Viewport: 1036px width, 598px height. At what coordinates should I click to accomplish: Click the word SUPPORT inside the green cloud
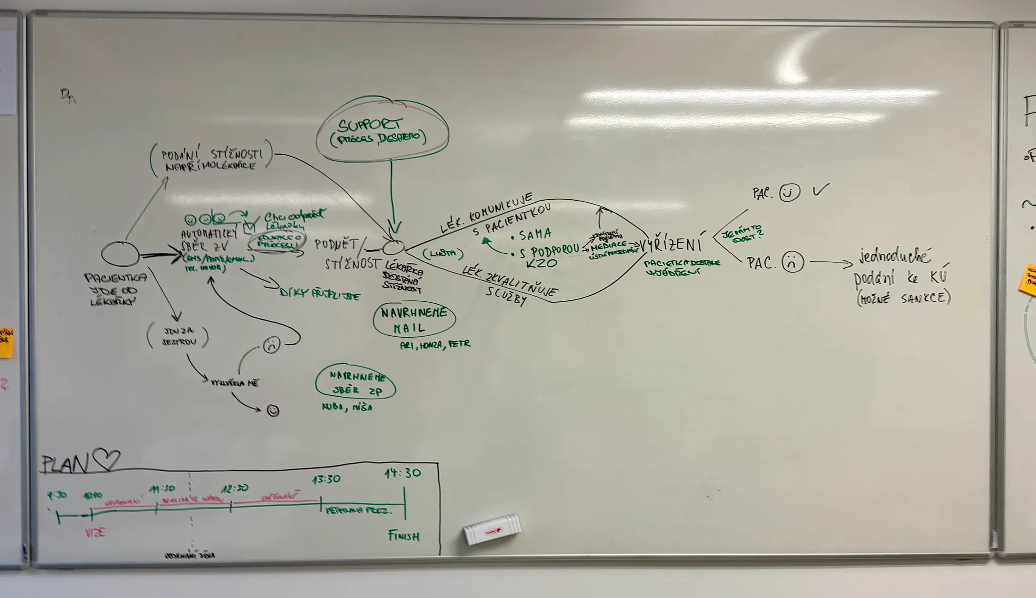(x=370, y=125)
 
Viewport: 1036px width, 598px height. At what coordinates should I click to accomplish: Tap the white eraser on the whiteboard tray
(x=492, y=529)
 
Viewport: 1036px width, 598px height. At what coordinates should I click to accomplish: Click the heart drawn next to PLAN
(x=106, y=459)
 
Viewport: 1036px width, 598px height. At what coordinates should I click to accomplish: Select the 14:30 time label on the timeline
(x=403, y=473)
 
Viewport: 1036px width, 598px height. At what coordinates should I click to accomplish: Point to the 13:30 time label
(x=326, y=479)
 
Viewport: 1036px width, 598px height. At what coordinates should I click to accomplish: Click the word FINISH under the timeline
(x=404, y=536)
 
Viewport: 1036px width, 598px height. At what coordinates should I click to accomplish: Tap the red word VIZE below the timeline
(x=95, y=532)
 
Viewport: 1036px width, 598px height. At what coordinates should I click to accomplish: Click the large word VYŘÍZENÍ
(x=671, y=245)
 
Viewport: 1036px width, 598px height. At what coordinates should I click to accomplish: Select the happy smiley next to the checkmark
(x=789, y=193)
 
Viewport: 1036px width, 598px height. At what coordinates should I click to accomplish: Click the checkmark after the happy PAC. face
(x=821, y=190)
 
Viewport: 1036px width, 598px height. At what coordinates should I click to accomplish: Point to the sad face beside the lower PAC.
(x=792, y=262)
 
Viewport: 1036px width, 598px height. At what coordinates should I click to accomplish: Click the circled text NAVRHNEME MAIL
(x=414, y=320)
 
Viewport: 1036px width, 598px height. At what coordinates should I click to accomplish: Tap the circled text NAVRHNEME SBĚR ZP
(x=356, y=383)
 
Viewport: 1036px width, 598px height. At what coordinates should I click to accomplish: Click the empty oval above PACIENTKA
(x=120, y=254)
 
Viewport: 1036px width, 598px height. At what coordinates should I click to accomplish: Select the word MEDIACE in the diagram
(x=609, y=245)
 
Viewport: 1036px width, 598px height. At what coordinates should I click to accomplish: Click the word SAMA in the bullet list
(x=535, y=235)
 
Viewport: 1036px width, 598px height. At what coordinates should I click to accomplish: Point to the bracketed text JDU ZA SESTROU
(x=179, y=336)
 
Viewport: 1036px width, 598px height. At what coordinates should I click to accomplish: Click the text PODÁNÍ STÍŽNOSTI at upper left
(x=211, y=155)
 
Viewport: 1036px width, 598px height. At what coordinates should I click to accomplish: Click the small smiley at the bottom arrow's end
(x=273, y=410)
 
